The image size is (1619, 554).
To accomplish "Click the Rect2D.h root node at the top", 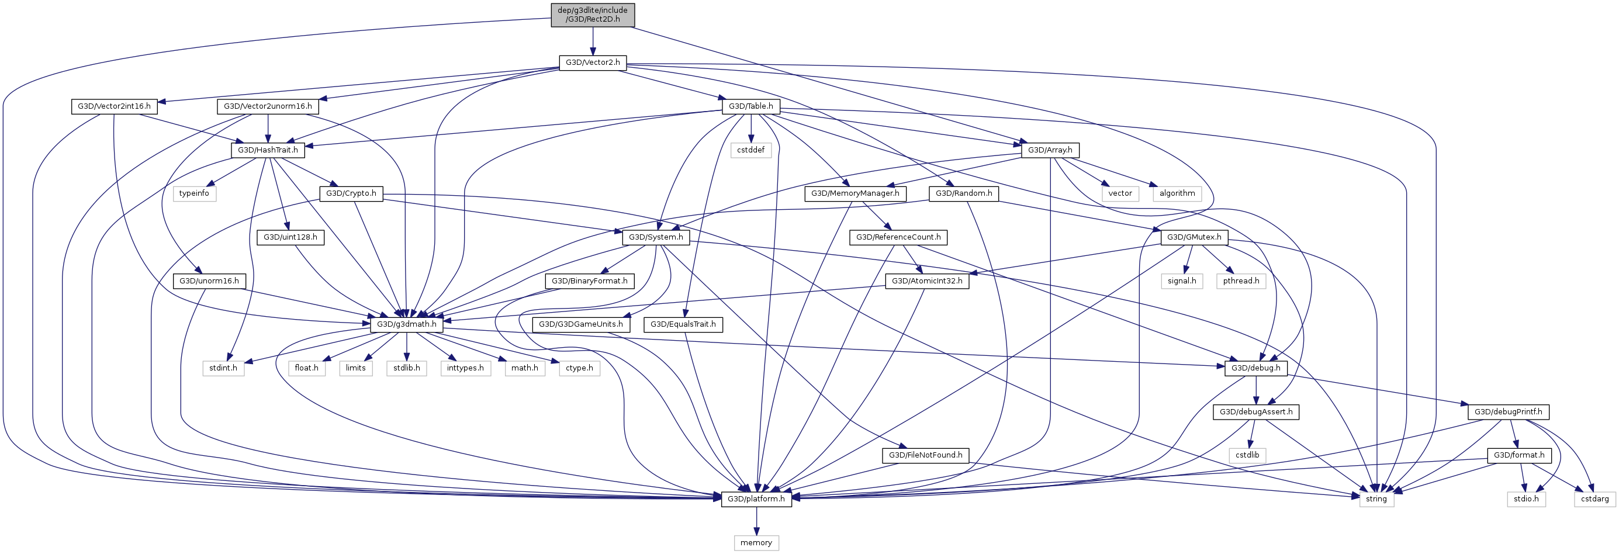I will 593,15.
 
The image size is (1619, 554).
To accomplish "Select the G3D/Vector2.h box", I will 593,63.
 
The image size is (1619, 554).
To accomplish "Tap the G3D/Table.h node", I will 750,106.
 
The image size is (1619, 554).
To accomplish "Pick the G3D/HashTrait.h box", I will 268,150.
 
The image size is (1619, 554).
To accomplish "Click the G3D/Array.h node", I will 1050,150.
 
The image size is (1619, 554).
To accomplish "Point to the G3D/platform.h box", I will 756,498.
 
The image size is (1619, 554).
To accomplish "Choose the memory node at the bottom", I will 756,543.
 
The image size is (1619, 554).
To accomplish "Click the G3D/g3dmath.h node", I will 407,324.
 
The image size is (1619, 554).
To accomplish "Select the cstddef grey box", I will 750,150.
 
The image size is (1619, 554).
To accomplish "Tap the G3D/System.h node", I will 656,237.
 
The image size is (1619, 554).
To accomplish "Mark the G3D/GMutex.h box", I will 1194,237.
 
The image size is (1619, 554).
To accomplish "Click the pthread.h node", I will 1241,281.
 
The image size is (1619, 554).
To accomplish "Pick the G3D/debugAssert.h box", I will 1255,412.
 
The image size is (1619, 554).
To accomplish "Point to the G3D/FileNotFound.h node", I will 925,455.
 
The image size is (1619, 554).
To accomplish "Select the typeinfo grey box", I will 194,193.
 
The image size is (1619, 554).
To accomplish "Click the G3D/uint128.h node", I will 290,237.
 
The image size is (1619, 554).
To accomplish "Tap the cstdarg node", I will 1594,498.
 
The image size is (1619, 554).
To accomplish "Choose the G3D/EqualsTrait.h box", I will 683,324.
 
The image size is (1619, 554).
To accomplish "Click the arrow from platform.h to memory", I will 756,521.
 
